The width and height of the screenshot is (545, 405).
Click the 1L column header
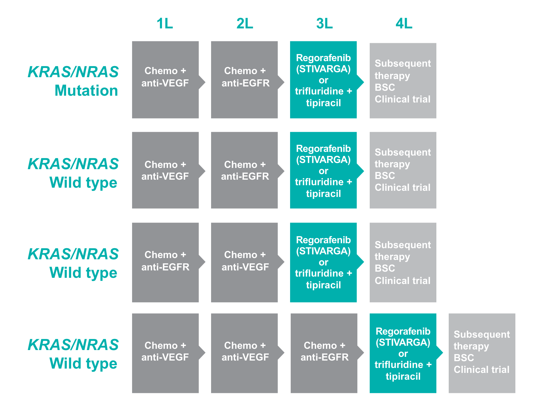[x=164, y=23]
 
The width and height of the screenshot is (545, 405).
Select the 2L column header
[x=245, y=23]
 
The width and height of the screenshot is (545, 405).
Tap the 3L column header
[x=324, y=23]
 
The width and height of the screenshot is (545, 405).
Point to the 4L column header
[x=404, y=23]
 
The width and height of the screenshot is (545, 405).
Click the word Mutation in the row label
[x=86, y=90]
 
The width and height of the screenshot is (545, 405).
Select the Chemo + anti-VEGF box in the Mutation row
[x=165, y=80]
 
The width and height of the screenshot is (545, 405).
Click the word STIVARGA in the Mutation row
[x=323, y=69]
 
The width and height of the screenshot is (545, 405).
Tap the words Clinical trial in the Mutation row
[x=402, y=99]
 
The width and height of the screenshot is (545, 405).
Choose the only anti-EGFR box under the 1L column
[x=165, y=262]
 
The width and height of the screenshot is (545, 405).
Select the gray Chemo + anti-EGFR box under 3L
[x=324, y=353]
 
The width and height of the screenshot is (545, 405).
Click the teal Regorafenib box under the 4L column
[x=403, y=353]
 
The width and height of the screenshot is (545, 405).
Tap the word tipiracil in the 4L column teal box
[x=403, y=376]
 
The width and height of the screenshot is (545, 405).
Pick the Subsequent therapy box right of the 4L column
[x=482, y=353]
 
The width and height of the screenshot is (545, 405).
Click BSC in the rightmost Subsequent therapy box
[x=464, y=358]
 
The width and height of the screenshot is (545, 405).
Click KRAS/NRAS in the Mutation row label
[x=73, y=72]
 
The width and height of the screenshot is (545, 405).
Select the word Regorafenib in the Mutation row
[x=323, y=58]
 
